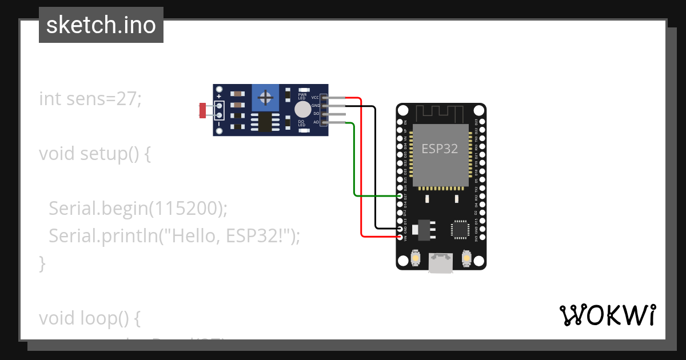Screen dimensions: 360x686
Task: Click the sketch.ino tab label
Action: click(101, 25)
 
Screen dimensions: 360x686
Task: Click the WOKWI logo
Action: click(607, 315)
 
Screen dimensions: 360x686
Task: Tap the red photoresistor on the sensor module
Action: click(202, 110)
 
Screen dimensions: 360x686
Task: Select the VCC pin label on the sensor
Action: click(315, 98)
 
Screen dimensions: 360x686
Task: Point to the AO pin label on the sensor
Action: click(316, 122)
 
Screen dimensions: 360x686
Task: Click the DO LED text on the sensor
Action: click(301, 123)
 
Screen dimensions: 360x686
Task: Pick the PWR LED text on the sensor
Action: click(302, 96)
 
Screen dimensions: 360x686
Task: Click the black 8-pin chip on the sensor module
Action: click(264, 121)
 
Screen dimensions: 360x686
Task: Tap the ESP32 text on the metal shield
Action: click(440, 149)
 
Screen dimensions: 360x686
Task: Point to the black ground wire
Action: click(375, 171)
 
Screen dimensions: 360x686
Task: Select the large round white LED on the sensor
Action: click(302, 109)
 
